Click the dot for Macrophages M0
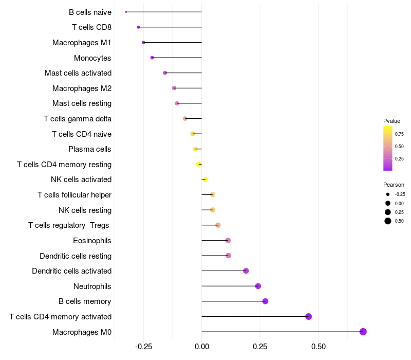click(x=363, y=332)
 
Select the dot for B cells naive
click(x=126, y=12)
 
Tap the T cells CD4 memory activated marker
click(x=308, y=316)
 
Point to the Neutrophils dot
click(x=258, y=286)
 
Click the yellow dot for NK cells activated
click(x=205, y=179)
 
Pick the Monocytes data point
click(x=152, y=58)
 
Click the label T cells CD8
click(x=92, y=27)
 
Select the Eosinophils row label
click(x=92, y=241)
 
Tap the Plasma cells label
click(x=90, y=149)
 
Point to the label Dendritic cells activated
click(x=71, y=271)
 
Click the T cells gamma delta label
click(x=78, y=119)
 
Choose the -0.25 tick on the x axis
click(x=143, y=347)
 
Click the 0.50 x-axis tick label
click(x=319, y=347)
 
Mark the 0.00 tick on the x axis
click(x=202, y=347)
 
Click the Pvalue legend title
click(x=391, y=121)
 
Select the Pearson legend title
click(x=394, y=185)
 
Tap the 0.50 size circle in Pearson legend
click(x=388, y=221)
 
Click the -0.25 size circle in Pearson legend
click(x=388, y=194)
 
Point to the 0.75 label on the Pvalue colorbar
click(x=399, y=134)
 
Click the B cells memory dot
click(x=265, y=301)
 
